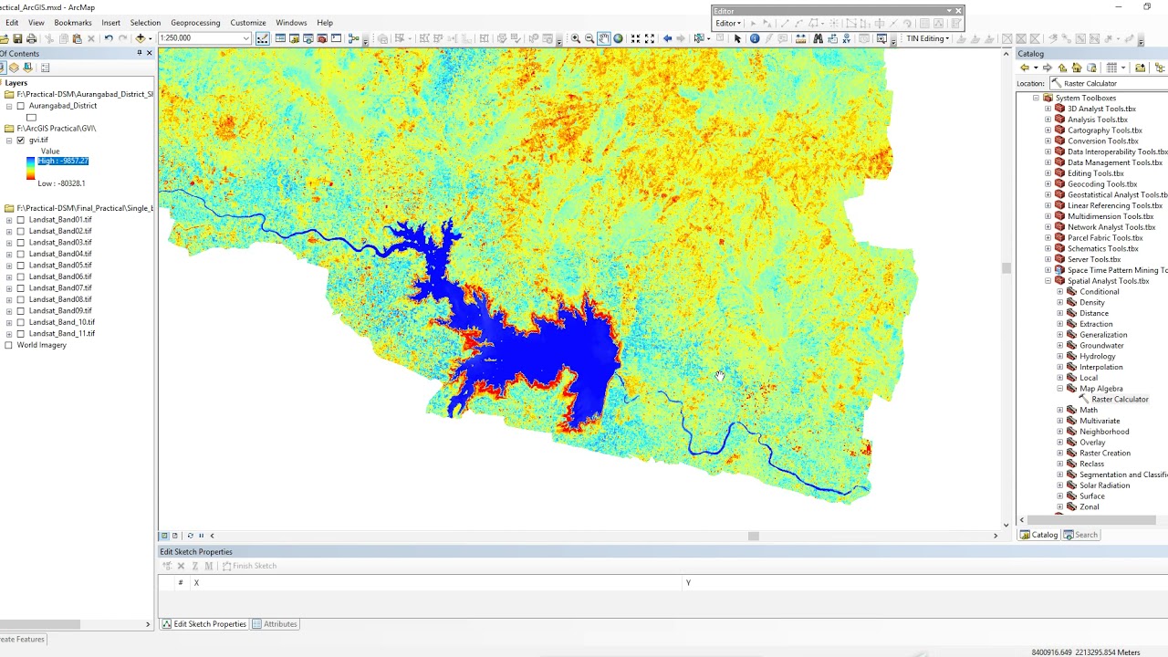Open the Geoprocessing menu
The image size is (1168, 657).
194,23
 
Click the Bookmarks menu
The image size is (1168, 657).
72,23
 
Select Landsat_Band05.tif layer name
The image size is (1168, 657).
60,265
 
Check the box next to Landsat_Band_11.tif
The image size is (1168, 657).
21,333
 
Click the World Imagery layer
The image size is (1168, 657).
41,345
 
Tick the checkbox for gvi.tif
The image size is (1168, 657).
21,141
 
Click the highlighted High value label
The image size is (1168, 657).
63,161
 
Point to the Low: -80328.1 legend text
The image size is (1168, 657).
61,183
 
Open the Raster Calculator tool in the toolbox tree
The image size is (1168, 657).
1119,400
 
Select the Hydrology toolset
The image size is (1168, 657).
1097,356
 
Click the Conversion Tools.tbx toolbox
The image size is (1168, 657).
1102,141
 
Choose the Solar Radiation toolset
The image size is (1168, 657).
1104,485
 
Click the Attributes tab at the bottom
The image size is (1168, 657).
279,624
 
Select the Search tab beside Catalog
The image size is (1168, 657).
1085,535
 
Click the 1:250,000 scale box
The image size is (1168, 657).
201,38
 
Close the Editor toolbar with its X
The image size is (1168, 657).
958,11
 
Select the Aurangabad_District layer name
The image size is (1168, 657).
62,106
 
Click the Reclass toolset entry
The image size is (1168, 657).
1091,464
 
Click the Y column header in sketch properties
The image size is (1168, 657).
688,582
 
